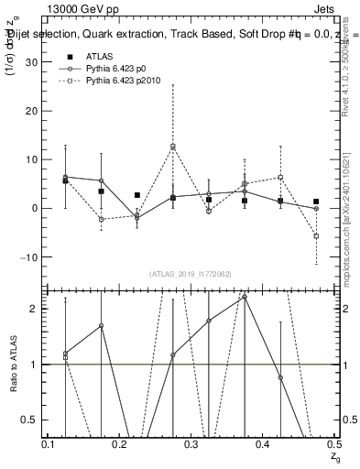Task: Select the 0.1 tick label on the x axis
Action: pos(49,443)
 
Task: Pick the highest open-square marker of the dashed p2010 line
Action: pos(173,146)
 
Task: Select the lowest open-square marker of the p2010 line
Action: pos(316,236)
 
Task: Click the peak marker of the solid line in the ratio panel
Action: pos(245,297)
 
